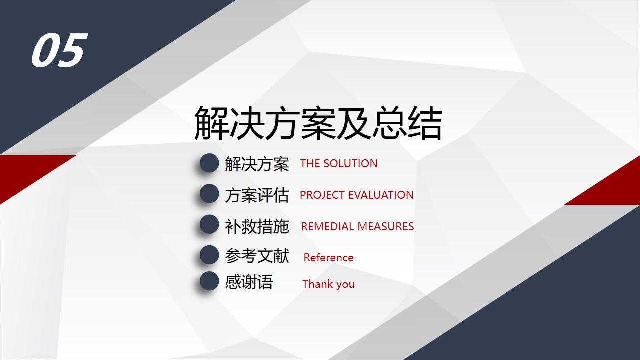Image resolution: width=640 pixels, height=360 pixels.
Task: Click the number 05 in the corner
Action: click(59, 50)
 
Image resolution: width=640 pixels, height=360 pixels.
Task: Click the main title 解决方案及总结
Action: click(318, 123)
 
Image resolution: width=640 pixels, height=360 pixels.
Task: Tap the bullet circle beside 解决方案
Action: click(209, 163)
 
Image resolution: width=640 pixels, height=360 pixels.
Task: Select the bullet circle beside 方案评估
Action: click(209, 194)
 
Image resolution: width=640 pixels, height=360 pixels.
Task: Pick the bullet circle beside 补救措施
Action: click(209, 225)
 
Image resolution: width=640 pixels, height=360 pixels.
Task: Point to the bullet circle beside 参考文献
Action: click(209, 255)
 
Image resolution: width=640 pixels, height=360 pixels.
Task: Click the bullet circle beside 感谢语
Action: click(209, 281)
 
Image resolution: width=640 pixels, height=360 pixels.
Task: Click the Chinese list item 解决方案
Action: click(257, 164)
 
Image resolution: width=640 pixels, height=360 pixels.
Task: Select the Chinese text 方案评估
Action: click(257, 195)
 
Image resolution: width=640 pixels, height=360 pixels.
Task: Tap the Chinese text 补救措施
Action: click(257, 226)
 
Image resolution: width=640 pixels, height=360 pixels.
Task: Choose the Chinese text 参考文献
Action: click(257, 256)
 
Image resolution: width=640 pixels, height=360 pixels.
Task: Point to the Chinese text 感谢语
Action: click(249, 282)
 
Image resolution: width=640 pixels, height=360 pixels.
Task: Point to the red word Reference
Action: click(328, 258)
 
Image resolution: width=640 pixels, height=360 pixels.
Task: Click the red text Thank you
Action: click(328, 284)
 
